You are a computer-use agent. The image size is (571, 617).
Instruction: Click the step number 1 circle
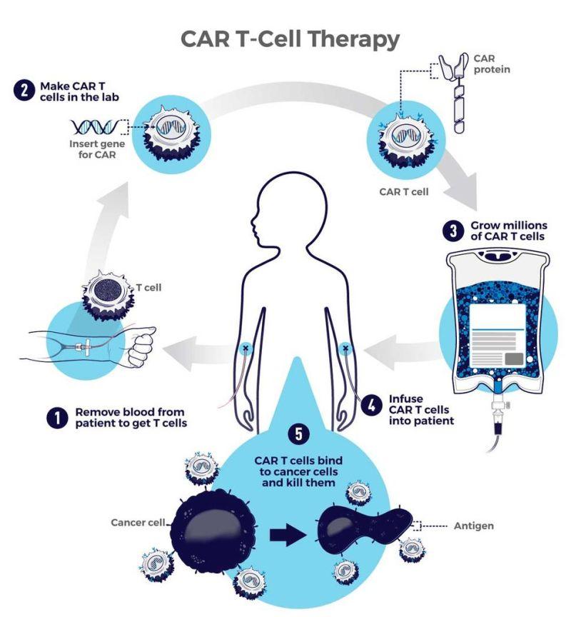(x=57, y=418)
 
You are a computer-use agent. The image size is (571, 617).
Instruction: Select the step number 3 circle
(x=453, y=231)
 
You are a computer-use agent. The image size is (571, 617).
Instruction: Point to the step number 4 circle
(x=372, y=405)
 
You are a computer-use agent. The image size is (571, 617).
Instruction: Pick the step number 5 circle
(x=299, y=433)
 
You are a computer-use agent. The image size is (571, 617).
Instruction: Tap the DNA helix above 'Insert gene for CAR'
(x=95, y=126)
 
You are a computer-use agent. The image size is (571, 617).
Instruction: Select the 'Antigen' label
(x=473, y=526)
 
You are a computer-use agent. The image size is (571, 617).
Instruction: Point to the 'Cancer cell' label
(x=138, y=522)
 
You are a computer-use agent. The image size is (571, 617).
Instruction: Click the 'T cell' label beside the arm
(x=148, y=287)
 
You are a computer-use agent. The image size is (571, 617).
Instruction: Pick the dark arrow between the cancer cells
(x=287, y=535)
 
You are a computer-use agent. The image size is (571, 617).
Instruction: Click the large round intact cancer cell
(x=213, y=535)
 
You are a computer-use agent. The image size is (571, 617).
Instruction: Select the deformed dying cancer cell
(x=364, y=528)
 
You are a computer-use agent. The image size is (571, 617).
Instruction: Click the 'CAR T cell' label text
(x=404, y=191)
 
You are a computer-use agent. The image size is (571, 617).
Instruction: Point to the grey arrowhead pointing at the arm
(x=180, y=353)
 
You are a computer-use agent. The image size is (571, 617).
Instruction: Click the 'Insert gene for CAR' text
(x=97, y=149)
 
